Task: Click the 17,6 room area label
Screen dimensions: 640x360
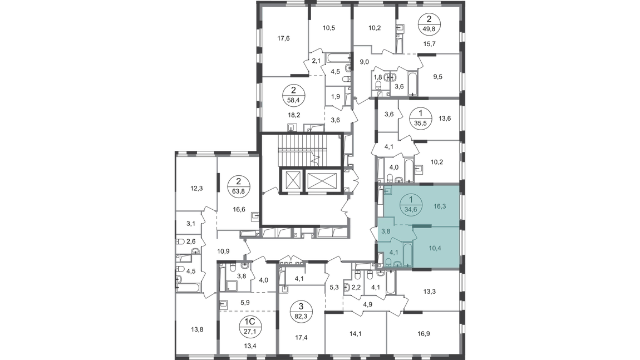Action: [x=283, y=39]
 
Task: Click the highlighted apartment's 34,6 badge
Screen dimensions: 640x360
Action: [x=411, y=205]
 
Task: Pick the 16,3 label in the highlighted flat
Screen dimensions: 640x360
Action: [x=440, y=206]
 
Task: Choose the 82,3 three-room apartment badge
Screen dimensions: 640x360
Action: [x=301, y=310]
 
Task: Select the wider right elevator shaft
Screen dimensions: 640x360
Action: [x=323, y=180]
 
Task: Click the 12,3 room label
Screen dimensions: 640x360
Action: [x=196, y=189]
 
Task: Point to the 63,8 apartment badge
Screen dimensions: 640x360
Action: [x=239, y=186]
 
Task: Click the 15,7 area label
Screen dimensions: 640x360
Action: [x=430, y=44]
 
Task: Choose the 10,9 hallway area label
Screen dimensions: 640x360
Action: [x=223, y=251]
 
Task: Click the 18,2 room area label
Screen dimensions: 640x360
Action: [x=294, y=115]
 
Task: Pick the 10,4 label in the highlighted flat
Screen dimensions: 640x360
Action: [x=435, y=248]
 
